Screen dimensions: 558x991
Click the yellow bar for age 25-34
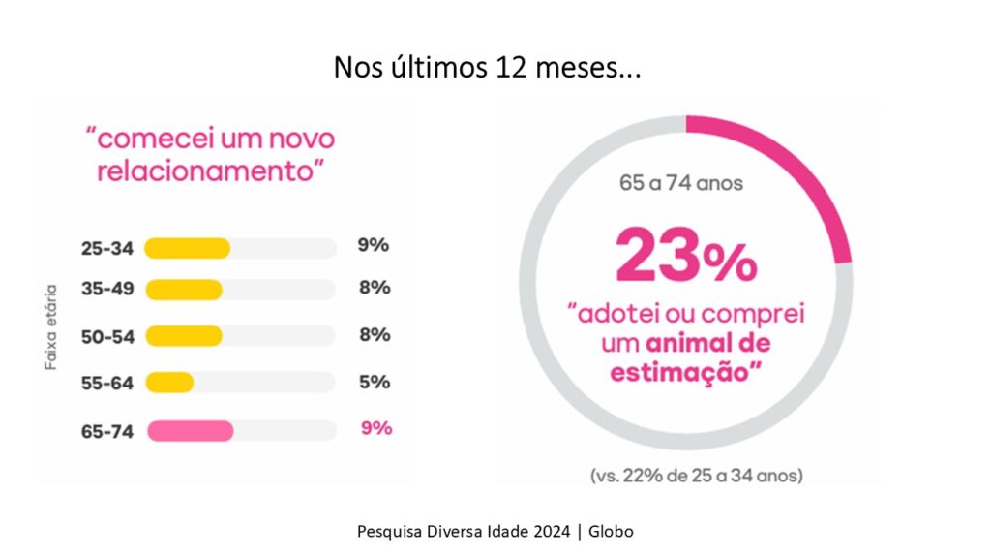pyautogui.click(x=187, y=248)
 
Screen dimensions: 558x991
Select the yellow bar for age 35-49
pyautogui.click(x=183, y=290)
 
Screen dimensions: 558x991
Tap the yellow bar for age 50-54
pyautogui.click(x=183, y=335)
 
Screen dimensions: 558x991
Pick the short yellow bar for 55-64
pyautogui.click(x=169, y=383)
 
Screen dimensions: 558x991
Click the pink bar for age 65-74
pyautogui.click(x=190, y=431)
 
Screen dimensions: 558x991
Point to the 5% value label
pyautogui.click(x=374, y=382)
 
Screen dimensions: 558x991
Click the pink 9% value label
pyautogui.click(x=375, y=428)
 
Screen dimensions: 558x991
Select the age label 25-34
pyautogui.click(x=106, y=248)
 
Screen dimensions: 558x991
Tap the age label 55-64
pyautogui.click(x=106, y=383)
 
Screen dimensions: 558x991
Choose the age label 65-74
pyautogui.click(x=106, y=432)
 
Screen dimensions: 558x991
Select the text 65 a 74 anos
pyautogui.click(x=681, y=182)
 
